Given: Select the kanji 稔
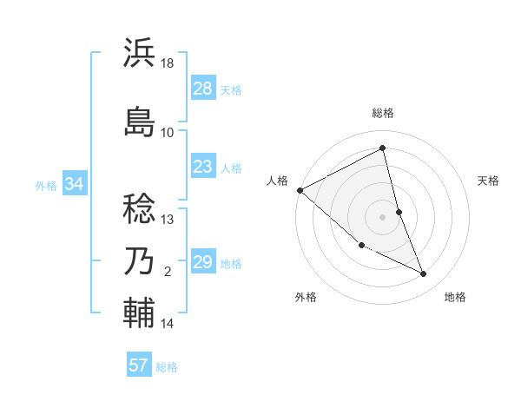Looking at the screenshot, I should point(140,207).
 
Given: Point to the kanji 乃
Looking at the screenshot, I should point(140,261).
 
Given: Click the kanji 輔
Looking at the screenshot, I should point(140,312).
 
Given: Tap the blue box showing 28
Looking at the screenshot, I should point(203,89).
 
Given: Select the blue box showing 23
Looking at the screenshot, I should point(203,167).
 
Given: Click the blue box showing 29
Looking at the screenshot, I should point(203,262).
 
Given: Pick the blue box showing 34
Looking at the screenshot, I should point(74,184).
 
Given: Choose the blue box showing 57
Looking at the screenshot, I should point(139,365).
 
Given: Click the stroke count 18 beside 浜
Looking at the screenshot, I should point(168,63).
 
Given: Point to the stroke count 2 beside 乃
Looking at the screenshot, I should point(168,272).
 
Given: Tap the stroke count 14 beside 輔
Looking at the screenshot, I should point(168,324).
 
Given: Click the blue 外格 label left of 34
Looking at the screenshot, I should point(46,185).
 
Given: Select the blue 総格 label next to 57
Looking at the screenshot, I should point(167,367).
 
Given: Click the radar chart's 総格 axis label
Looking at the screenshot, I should point(383,113).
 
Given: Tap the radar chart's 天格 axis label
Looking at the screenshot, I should point(489,181).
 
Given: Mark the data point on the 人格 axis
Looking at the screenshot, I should point(300,190).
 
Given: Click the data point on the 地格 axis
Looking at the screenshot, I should point(424,274).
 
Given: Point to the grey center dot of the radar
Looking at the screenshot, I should point(383,216).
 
